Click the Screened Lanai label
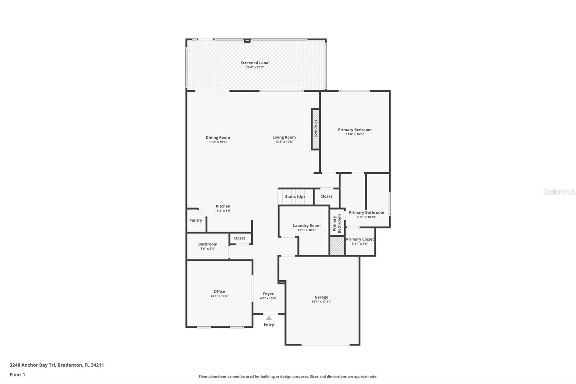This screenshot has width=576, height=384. coord(255,63)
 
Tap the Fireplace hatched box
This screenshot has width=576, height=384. coord(315,129)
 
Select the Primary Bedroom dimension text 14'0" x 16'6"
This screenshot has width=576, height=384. coord(355,134)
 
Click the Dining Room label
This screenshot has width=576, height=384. coord(218,138)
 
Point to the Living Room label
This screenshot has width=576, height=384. coord(284,137)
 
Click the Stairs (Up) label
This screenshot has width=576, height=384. coord(295,197)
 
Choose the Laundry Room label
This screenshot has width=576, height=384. coord(306,226)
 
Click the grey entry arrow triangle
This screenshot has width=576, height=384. coord(269,318)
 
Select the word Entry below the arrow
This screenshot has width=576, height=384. coord(269,325)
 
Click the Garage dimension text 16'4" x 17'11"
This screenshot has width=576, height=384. coord(321,302)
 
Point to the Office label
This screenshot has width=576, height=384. coord(219,291)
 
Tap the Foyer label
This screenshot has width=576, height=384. coord(268,294)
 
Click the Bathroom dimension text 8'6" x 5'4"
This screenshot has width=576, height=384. coord(207,249)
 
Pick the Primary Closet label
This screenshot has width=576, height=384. coord(360,239)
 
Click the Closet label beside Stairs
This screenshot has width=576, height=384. coord(326,196)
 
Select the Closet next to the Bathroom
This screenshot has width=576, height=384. coord(240,238)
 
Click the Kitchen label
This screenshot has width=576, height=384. coord(223,206)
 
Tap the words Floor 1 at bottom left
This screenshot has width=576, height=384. coord(17,375)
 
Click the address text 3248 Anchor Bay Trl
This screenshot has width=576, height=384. coord(32,365)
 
